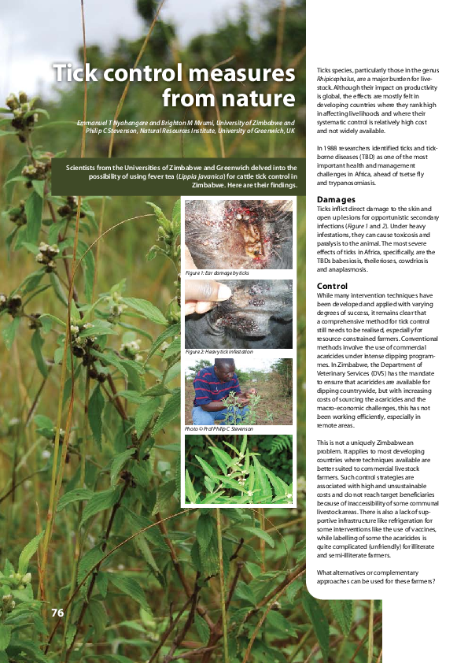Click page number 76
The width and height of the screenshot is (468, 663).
coord(57,613)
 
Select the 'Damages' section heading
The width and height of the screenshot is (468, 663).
coord(336,199)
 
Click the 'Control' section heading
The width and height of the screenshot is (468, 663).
coord(332,286)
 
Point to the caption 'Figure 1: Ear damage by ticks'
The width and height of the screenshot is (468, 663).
coord(216,272)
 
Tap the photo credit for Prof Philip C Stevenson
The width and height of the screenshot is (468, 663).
coord(219,429)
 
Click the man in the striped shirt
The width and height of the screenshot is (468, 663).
coord(208,391)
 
